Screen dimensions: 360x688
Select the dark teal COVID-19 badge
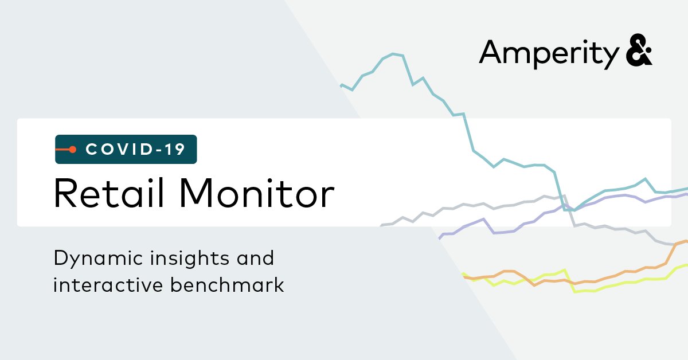[126, 149]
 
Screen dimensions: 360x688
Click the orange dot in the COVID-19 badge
[73, 150]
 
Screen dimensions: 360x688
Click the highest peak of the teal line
[394, 54]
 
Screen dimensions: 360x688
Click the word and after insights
[256, 259]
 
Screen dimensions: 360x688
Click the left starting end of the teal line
[342, 85]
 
